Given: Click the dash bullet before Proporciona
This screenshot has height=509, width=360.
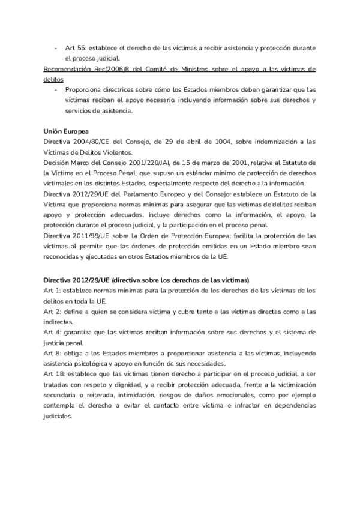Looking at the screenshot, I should point(55,90).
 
